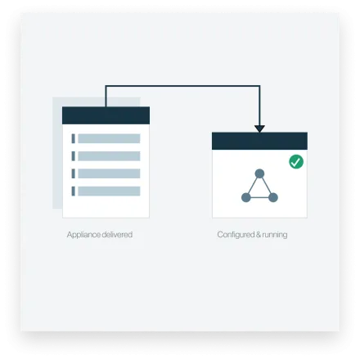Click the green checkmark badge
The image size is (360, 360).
click(x=296, y=162)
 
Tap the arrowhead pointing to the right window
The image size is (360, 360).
click(x=259, y=128)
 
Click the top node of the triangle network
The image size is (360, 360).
click(x=259, y=173)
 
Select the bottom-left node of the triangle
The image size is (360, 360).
click(x=246, y=197)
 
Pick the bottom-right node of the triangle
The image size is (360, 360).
click(x=273, y=197)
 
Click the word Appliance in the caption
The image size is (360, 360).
click(x=84, y=235)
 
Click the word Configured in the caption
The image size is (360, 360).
click(x=236, y=235)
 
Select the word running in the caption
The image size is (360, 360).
click(x=275, y=235)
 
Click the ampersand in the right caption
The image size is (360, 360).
click(x=258, y=234)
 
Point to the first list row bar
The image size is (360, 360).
click(x=109, y=138)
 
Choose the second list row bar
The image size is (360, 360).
click(x=109, y=156)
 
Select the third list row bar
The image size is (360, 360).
click(x=109, y=173)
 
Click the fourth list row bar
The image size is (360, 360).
click(x=109, y=191)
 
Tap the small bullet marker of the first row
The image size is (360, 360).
click(x=73, y=138)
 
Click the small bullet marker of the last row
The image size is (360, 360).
click(x=73, y=191)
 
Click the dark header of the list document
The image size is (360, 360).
click(x=106, y=115)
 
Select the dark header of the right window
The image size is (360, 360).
click(x=259, y=141)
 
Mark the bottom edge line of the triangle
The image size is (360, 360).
click(x=259, y=197)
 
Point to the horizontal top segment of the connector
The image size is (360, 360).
click(x=182, y=86)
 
